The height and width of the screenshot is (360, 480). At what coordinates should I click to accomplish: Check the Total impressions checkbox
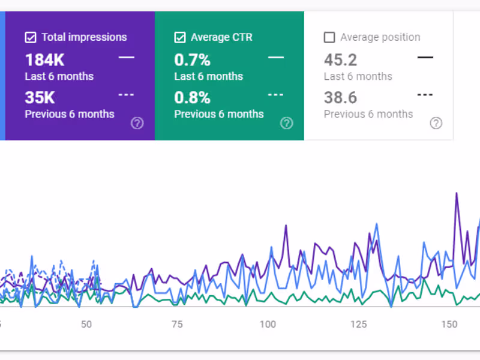coord(31,38)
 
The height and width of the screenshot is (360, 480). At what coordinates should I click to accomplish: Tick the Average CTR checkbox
coord(180,38)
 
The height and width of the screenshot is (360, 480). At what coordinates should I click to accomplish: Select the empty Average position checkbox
coord(329,38)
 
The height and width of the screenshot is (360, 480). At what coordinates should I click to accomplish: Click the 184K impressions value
coord(44,60)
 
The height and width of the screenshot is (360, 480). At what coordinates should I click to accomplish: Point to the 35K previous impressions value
coord(40,97)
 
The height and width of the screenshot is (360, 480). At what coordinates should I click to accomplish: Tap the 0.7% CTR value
coord(192,60)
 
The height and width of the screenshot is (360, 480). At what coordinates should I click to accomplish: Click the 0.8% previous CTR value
coord(192,97)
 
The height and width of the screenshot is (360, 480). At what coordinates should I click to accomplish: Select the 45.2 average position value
coord(340,60)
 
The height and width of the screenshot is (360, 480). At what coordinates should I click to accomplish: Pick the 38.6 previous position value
coord(340,97)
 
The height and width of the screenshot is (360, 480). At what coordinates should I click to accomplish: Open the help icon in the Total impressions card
coord(137,123)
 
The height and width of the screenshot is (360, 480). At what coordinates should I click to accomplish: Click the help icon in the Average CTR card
coord(287,123)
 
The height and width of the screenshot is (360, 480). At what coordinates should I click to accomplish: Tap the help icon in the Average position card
coord(436,123)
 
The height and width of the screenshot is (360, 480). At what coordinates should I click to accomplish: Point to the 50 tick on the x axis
coord(86,325)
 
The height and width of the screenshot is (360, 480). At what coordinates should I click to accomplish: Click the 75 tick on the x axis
coord(177,325)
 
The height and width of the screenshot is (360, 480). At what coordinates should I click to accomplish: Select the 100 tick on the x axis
coord(268,325)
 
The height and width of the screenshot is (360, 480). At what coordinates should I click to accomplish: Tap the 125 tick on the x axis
coord(358,325)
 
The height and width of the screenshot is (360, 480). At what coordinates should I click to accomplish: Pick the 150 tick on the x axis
coord(449,325)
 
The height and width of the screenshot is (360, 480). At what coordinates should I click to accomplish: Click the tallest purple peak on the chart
coord(457,193)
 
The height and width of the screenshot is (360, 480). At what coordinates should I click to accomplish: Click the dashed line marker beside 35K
coord(126,95)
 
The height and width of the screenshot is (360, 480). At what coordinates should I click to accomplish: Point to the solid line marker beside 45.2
coord(425,58)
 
